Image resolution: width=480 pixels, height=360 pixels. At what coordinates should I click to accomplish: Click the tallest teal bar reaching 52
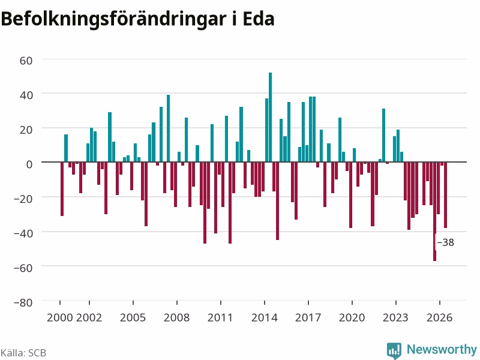click(271, 117)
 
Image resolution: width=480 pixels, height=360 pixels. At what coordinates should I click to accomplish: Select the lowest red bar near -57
click(434, 211)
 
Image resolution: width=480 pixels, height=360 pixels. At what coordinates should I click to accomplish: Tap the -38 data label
click(445, 242)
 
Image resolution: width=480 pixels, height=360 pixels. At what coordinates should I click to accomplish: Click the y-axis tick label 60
click(26, 61)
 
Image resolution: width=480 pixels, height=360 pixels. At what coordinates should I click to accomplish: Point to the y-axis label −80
click(23, 302)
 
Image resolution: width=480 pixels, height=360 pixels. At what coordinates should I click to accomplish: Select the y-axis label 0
click(29, 164)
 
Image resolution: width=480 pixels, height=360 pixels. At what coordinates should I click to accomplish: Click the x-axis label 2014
click(265, 317)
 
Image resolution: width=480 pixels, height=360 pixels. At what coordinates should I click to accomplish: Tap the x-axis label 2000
click(60, 317)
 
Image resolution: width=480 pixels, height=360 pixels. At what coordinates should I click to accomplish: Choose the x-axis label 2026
click(440, 317)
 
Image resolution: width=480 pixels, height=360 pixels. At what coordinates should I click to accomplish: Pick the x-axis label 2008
click(176, 317)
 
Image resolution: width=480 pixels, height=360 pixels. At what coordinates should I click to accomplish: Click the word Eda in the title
click(259, 19)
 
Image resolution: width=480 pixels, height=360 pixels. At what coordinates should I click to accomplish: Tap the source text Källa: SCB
click(23, 353)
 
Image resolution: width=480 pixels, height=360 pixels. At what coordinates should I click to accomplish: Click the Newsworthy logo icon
click(394, 350)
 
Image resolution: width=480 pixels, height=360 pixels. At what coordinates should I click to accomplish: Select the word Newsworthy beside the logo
click(442, 349)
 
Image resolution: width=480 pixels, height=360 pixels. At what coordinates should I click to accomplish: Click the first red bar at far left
click(62, 189)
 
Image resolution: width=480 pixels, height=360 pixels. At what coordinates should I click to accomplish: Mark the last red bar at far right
click(446, 195)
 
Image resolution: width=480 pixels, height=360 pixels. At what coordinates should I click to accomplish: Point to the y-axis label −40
click(23, 233)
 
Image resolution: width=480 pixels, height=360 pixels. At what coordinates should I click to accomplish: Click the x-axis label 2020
click(352, 317)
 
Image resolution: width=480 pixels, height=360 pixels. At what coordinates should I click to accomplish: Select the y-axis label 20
click(26, 130)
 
